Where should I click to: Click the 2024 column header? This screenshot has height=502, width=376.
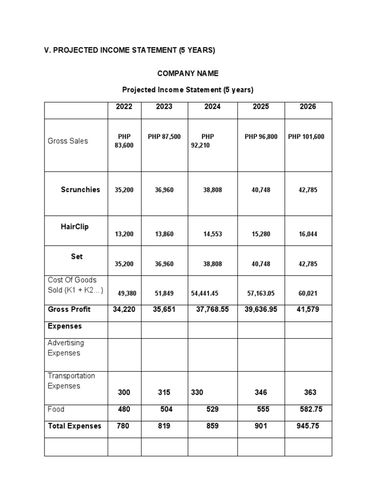[212, 106]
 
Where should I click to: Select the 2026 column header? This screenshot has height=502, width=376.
[308, 106]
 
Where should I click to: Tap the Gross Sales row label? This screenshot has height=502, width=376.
[68, 141]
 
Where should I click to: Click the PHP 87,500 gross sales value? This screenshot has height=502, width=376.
[164, 136]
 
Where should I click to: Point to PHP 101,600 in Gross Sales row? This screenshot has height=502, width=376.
[306, 136]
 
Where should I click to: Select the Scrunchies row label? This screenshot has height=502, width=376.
[80, 190]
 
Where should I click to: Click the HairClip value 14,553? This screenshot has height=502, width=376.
[212, 234]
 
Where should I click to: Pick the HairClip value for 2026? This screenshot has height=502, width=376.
[308, 234]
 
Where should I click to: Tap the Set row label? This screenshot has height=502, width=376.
[77, 256]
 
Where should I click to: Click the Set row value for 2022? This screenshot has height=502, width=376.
[124, 264]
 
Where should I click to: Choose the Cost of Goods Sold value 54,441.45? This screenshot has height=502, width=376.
[205, 294]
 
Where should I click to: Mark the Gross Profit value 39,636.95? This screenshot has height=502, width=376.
[261, 309]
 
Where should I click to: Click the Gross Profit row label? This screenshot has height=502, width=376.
[69, 309]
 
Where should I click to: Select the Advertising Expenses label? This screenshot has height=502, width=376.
[66, 348]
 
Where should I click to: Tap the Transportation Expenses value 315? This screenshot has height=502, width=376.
[164, 392]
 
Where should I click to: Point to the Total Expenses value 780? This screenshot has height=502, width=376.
[123, 426]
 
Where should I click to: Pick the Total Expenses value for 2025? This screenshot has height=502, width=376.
[261, 426]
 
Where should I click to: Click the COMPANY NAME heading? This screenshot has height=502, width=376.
[188, 74]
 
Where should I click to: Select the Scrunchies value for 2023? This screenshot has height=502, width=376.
[164, 190]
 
